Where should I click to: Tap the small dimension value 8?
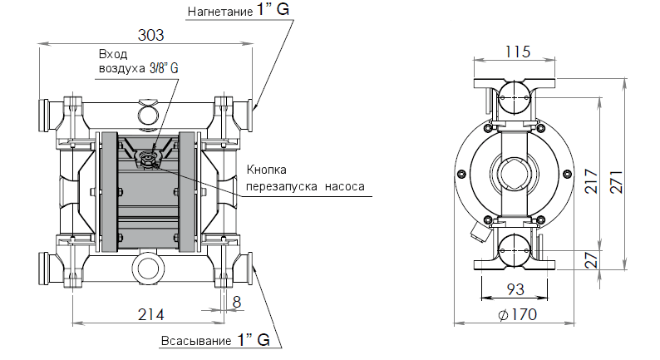(237, 303)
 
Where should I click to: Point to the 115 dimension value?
(516, 52)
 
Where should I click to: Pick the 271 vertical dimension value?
(616, 176)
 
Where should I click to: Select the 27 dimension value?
(591, 259)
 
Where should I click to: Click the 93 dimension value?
(515, 289)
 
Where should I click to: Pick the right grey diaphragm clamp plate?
(187, 192)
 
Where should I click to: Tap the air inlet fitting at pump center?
(150, 158)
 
